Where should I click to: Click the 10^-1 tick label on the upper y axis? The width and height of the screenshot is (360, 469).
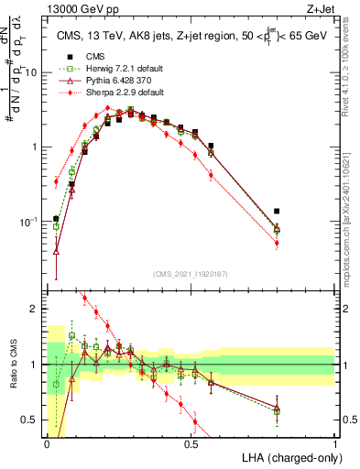[30, 222]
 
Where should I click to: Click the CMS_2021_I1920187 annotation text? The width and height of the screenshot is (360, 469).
[191, 274]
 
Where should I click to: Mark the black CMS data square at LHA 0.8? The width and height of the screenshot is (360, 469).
[278, 211]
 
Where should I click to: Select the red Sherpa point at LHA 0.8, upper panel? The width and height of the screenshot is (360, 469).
[278, 243]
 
